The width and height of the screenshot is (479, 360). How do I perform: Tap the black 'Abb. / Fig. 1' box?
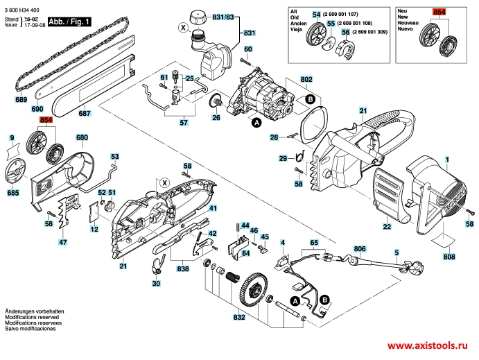pyautogui.click(x=71, y=23)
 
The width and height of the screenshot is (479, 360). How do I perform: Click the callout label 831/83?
pyautogui.click(x=223, y=17)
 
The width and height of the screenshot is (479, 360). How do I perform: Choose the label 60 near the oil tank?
pyautogui.click(x=247, y=49)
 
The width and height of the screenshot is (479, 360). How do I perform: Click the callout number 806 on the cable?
pyautogui.click(x=359, y=248)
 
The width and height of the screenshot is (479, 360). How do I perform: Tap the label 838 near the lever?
pyautogui.click(x=182, y=268)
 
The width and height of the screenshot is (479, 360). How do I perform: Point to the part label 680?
pyautogui.click(x=82, y=137)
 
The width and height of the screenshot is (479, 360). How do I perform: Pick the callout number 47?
pyautogui.click(x=63, y=242)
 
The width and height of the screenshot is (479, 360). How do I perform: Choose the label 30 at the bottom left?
pyautogui.click(x=156, y=284)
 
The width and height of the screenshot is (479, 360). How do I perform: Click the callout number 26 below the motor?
pyautogui.click(x=216, y=118)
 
